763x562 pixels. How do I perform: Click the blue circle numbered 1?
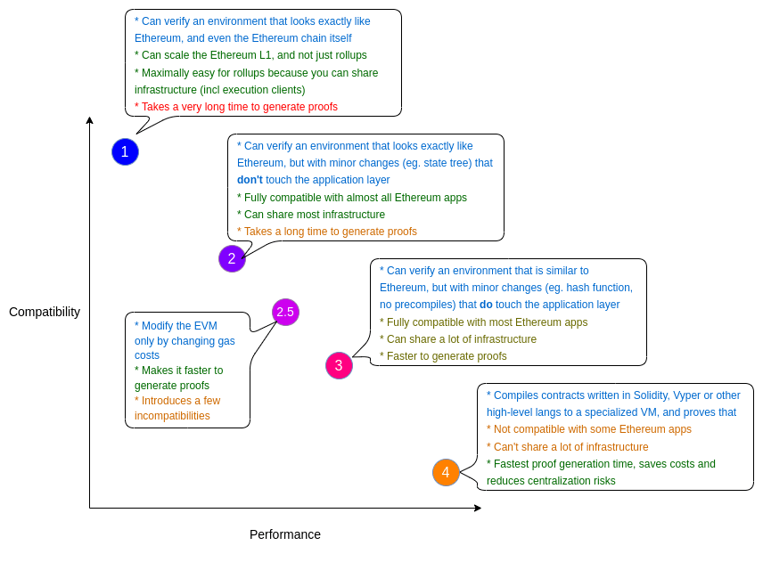(x=125, y=151)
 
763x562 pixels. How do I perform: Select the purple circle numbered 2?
(x=232, y=258)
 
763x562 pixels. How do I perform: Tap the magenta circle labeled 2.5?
(x=285, y=312)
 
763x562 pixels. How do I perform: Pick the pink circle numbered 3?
(x=339, y=365)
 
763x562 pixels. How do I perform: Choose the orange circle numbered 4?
(x=446, y=472)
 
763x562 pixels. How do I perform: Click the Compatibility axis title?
(x=45, y=312)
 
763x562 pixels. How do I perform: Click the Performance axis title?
(x=285, y=534)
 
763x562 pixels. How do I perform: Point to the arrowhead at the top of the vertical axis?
(x=89, y=120)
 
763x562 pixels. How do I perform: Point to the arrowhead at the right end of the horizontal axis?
(x=478, y=508)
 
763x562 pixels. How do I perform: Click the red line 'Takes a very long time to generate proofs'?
(x=236, y=107)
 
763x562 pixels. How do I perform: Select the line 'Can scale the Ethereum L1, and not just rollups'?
(x=250, y=55)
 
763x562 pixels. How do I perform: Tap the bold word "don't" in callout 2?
(x=250, y=180)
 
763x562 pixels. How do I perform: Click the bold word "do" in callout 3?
(x=486, y=305)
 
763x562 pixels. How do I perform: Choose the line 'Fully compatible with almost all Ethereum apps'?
(x=352, y=198)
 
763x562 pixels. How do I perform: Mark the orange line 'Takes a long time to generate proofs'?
(x=327, y=232)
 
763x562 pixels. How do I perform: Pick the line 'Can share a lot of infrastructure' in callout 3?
(x=458, y=339)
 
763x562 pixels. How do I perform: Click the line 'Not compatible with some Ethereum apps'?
(x=589, y=429)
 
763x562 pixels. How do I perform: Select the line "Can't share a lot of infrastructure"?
(x=568, y=447)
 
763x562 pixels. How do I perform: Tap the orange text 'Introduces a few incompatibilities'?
(x=176, y=408)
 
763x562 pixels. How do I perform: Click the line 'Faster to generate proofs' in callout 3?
(x=443, y=356)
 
